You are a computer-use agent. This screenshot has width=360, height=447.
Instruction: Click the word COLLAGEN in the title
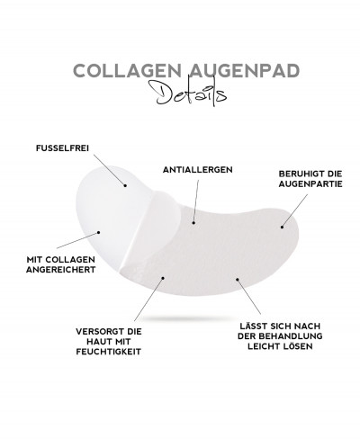tap(127, 71)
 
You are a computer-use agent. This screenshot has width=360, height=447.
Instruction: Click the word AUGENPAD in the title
tap(245, 71)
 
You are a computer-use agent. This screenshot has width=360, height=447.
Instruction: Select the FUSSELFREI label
tap(62, 148)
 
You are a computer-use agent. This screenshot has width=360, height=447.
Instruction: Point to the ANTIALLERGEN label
tap(198, 170)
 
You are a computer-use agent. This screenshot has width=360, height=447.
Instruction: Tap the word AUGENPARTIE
tap(310, 184)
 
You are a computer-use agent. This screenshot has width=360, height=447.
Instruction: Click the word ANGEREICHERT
tap(60, 270)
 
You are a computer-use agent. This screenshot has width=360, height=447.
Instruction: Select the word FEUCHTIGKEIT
tap(109, 352)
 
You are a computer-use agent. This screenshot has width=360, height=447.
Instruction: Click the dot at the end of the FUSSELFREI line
tap(125, 185)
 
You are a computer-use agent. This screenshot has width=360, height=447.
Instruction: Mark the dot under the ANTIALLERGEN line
tap(193, 223)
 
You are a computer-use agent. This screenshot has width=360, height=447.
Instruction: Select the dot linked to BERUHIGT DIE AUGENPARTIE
tap(282, 227)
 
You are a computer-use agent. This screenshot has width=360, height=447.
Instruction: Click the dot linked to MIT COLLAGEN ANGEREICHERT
tap(98, 232)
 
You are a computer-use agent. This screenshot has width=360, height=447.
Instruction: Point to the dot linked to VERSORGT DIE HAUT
tap(163, 278)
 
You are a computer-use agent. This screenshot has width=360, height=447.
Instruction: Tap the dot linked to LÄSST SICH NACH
tap(237, 280)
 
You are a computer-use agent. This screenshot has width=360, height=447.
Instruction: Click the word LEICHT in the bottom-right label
tap(265, 346)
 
